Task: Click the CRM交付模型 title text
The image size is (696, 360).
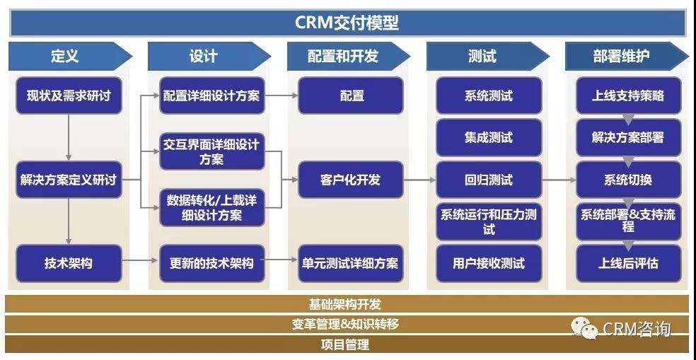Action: (347, 22)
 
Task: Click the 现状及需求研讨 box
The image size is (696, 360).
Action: (69, 95)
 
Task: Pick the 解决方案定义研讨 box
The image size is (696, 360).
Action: (69, 180)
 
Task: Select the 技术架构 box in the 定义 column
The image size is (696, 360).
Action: (69, 263)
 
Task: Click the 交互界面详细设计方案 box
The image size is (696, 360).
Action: (211, 151)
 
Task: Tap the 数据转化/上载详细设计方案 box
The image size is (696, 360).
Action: (211, 207)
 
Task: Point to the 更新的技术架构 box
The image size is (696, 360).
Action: (211, 263)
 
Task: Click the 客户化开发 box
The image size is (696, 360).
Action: (351, 180)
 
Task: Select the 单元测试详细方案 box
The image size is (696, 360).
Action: (351, 263)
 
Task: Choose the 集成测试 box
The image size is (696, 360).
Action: (489, 137)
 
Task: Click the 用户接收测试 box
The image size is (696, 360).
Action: (489, 263)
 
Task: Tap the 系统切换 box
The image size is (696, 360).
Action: (629, 180)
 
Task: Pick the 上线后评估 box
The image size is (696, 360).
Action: (629, 263)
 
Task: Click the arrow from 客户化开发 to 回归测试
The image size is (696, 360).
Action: (420, 180)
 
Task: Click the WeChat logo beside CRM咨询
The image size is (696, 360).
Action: (584, 328)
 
